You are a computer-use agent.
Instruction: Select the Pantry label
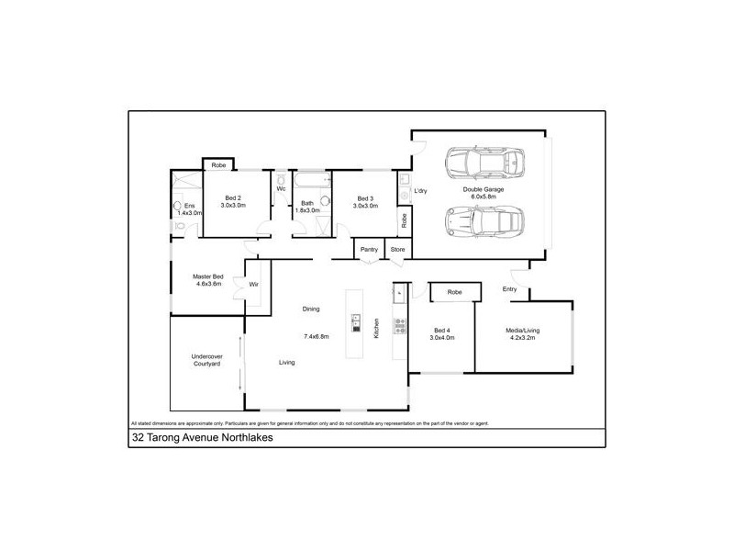pyautogui.click(x=369, y=249)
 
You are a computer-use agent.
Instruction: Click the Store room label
pyautogui.click(x=397, y=249)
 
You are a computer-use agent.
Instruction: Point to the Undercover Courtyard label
pyautogui.click(x=206, y=361)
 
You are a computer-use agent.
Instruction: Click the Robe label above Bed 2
pyautogui.click(x=218, y=165)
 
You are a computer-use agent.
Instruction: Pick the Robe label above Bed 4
pyautogui.click(x=454, y=292)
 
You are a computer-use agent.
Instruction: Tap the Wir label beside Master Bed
pyautogui.click(x=254, y=285)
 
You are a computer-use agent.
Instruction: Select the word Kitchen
pyautogui.click(x=376, y=328)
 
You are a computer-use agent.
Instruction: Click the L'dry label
pyautogui.click(x=421, y=191)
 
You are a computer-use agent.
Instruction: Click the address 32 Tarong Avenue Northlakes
pyautogui.click(x=202, y=438)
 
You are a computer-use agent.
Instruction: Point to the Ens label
pyautogui.click(x=189, y=205)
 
